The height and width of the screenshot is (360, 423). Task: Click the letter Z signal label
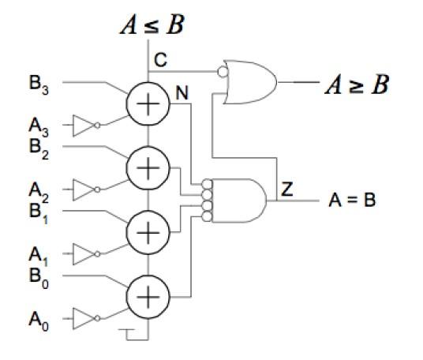pyautogui.click(x=286, y=189)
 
